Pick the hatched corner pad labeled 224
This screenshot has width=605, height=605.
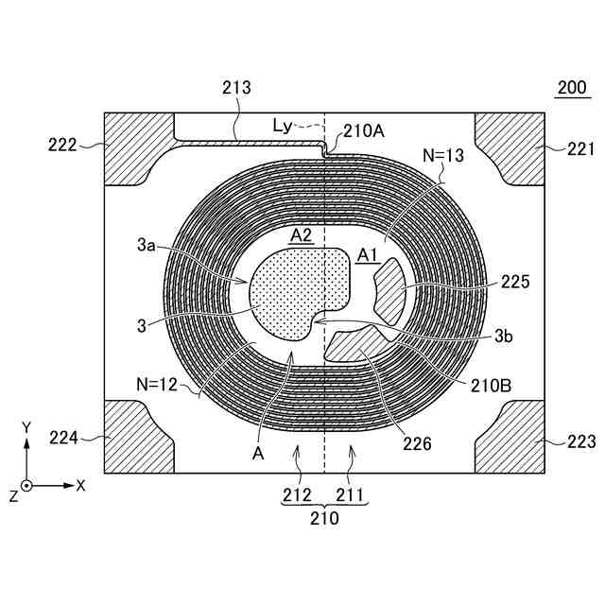pyautogui.click(x=136, y=439)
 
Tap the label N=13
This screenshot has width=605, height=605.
pyautogui.click(x=443, y=156)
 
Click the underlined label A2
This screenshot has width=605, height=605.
pyautogui.click(x=302, y=236)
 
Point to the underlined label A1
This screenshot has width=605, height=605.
pyautogui.click(x=368, y=254)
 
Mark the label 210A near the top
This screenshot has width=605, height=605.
pyautogui.click(x=364, y=132)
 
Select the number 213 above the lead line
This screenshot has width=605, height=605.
pyautogui.click(x=236, y=88)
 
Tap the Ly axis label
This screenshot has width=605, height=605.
pyautogui.click(x=281, y=124)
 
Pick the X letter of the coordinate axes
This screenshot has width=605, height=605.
pyautogui.click(x=81, y=485)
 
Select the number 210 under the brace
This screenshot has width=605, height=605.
pyautogui.click(x=324, y=517)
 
